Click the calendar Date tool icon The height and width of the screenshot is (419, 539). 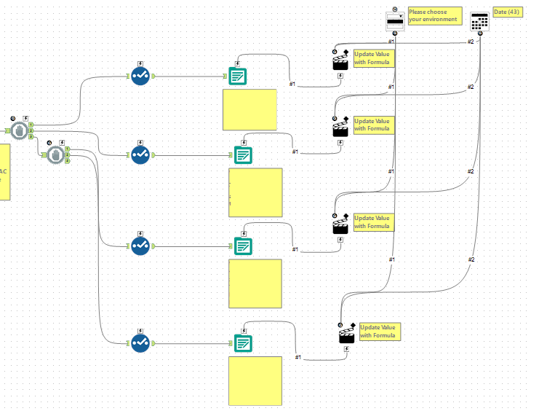coord(479,21)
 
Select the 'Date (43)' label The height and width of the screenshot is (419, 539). coord(508,12)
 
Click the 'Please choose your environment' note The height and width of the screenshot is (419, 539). coord(434,15)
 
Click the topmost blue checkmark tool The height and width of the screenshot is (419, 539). coord(140,75)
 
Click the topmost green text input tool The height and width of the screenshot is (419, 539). coord(238,76)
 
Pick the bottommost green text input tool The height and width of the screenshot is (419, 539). coord(243,342)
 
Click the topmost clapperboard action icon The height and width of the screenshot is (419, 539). coord(340,62)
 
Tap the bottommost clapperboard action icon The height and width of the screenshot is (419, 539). coord(346,334)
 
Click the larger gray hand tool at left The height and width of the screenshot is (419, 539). coord(20,130)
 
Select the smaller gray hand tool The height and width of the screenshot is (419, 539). coord(56,154)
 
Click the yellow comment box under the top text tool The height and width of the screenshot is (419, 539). coord(249,109)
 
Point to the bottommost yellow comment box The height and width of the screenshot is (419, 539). coord(255,380)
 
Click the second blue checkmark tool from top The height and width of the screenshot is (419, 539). coord(140,154)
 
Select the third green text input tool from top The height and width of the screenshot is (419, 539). coord(243,246)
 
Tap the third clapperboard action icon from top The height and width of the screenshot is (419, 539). coord(340,227)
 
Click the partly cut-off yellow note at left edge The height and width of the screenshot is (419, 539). coord(4,171)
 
